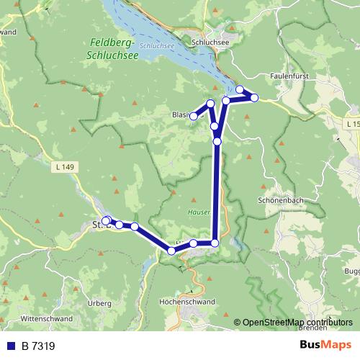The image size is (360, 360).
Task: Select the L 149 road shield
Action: click(64, 167)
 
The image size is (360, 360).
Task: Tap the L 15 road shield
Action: click(351, 125)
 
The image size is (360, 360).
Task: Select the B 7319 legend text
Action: click(37, 346)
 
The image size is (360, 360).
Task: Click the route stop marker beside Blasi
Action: click(193, 116)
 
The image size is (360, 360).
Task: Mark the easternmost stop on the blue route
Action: click(254, 97)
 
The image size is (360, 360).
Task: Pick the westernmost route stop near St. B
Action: click(105, 220)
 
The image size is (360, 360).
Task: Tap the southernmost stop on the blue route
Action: click(171, 251)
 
